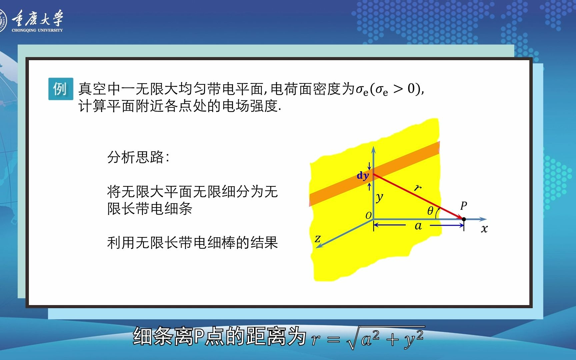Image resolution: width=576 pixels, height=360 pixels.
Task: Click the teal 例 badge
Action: (x=60, y=89)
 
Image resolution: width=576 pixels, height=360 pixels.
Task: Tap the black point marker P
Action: (x=464, y=219)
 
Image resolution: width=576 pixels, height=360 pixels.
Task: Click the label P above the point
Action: (x=463, y=206)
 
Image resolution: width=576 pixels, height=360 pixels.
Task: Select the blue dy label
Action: (x=363, y=175)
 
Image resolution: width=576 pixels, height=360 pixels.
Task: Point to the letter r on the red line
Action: (x=417, y=188)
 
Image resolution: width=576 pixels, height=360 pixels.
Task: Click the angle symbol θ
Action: (x=430, y=211)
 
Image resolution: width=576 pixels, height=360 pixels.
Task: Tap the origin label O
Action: (x=368, y=216)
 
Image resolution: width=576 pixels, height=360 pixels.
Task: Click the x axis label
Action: (x=484, y=229)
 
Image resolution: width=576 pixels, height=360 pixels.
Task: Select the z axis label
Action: (x=317, y=238)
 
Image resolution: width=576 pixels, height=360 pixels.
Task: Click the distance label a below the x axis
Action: (x=418, y=226)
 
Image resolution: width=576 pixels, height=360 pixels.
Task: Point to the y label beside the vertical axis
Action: (x=379, y=197)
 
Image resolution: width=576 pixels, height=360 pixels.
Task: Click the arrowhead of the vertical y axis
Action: (x=374, y=149)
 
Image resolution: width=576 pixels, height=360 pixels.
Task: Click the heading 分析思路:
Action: (x=138, y=157)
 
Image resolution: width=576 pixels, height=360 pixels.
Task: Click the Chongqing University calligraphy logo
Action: (x=37, y=18)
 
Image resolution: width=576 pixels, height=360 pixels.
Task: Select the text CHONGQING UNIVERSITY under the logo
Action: (x=37, y=30)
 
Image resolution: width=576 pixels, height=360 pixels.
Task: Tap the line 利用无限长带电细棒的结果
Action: (x=192, y=242)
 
